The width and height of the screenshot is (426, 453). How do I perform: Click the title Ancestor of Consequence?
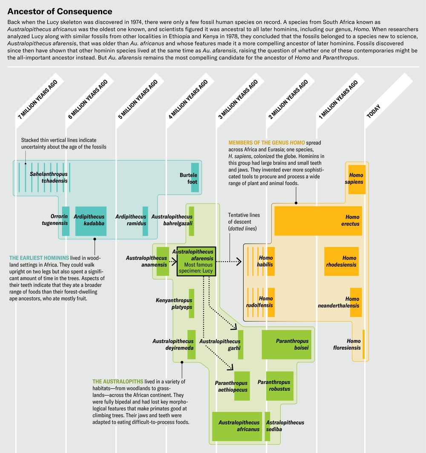[x=60, y=11]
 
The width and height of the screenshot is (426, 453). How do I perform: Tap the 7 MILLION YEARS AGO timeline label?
[x=38, y=99]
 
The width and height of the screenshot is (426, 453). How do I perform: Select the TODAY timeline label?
[x=374, y=111]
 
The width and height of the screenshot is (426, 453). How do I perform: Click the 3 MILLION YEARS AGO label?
[x=238, y=99]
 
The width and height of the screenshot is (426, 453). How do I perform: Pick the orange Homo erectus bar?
[x=318, y=221]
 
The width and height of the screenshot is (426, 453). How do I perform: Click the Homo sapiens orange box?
[x=357, y=179]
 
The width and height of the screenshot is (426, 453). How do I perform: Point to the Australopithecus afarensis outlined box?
[x=196, y=262]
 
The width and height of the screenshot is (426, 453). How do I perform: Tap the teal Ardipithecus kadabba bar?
[x=91, y=221]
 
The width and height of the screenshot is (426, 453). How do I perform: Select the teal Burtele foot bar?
[x=195, y=178]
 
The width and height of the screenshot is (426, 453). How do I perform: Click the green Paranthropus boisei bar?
[x=287, y=345]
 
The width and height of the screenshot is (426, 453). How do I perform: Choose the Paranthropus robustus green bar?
[x=280, y=386]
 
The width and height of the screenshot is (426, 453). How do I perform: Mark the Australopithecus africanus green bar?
[x=237, y=427]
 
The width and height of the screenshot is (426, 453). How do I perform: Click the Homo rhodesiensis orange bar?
[x=341, y=261]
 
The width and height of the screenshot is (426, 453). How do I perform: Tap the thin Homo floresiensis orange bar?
[x=364, y=344]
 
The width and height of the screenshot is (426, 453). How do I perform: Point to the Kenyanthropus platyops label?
[x=174, y=304]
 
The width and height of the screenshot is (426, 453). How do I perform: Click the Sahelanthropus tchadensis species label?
[x=49, y=177]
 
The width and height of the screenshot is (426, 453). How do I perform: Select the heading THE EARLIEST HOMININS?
[x=39, y=258]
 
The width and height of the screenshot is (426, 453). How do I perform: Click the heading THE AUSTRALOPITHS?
[x=118, y=381]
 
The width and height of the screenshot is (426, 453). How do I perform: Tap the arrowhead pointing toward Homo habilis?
[x=239, y=262]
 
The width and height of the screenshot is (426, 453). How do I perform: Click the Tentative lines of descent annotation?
[x=244, y=222]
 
